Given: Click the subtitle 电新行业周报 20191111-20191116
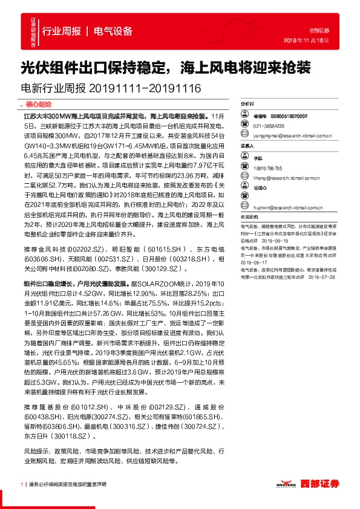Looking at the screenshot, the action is click(x=111, y=88).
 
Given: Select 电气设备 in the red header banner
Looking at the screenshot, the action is click(x=114, y=31).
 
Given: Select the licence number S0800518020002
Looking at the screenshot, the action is click(x=290, y=115).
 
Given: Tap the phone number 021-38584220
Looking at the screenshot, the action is click(x=270, y=126).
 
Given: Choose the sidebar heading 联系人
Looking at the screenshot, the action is click(x=247, y=146).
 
